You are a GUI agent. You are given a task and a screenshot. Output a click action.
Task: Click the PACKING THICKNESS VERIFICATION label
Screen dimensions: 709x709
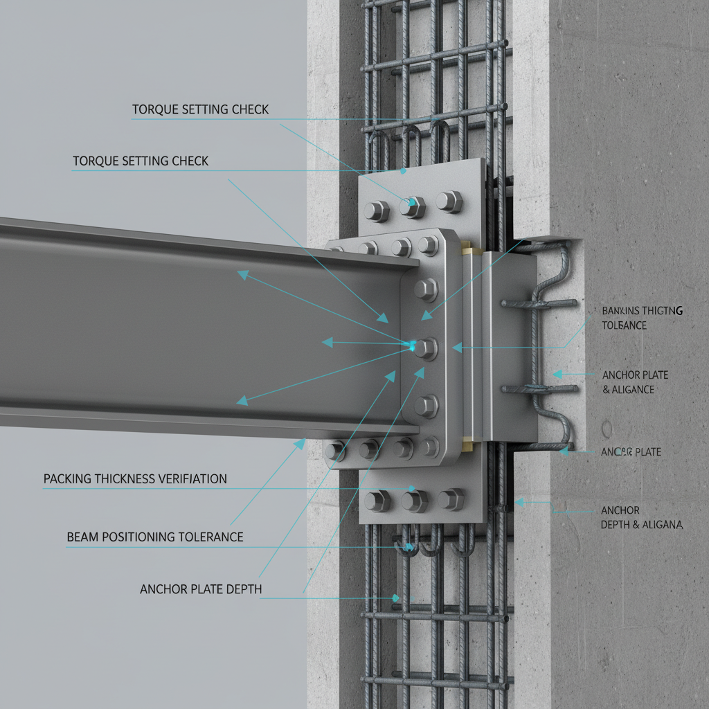click(135, 478)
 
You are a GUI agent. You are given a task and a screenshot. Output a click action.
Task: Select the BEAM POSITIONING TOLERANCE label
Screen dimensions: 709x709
click(154, 537)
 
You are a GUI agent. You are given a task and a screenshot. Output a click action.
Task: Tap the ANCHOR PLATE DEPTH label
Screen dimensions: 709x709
click(201, 589)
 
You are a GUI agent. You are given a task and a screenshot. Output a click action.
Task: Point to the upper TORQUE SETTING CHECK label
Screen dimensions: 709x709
click(200, 109)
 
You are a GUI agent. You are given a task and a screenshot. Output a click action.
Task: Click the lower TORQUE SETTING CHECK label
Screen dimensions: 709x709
click(141, 161)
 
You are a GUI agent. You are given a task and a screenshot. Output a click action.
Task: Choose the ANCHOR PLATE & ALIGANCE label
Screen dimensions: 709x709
click(634, 382)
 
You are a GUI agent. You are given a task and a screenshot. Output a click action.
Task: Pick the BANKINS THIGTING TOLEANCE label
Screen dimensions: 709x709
click(641, 318)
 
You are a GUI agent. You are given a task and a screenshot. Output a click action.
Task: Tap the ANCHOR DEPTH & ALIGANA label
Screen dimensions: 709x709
click(641, 518)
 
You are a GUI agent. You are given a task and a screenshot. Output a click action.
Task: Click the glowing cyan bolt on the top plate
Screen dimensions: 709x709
click(413, 206)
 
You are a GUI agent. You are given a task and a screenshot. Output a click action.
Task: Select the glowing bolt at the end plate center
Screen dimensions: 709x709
click(424, 348)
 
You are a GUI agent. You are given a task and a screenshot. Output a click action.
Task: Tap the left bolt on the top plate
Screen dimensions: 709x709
click(377, 210)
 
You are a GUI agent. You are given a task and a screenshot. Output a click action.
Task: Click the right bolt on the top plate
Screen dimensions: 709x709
click(449, 202)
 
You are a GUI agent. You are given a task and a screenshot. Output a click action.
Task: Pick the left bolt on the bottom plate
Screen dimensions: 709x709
click(377, 501)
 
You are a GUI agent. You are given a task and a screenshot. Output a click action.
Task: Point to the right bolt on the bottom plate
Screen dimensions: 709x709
click(451, 499)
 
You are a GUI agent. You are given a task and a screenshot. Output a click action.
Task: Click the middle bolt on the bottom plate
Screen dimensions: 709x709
click(414, 500)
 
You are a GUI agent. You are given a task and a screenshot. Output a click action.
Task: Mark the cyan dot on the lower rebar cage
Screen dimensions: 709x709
click(396, 598)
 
